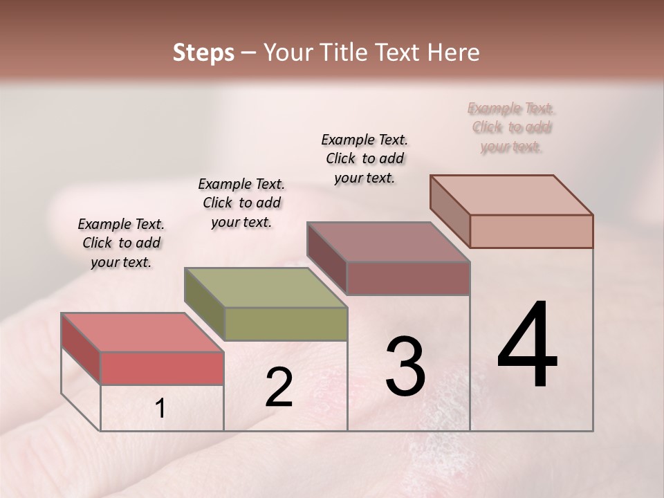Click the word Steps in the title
click(203, 53)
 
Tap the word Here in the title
click(453, 53)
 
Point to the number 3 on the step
click(405, 367)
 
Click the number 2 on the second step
click(279, 387)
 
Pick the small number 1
click(160, 409)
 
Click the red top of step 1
click(142, 332)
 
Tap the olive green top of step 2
click(266, 287)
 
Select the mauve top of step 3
click(389, 242)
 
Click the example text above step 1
click(121, 243)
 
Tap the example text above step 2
click(241, 203)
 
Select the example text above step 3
click(365, 158)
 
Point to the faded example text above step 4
click(511, 127)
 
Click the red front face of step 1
click(162, 368)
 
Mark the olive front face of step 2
click(286, 324)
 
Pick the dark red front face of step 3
click(408, 279)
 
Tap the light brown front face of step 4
click(531, 231)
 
